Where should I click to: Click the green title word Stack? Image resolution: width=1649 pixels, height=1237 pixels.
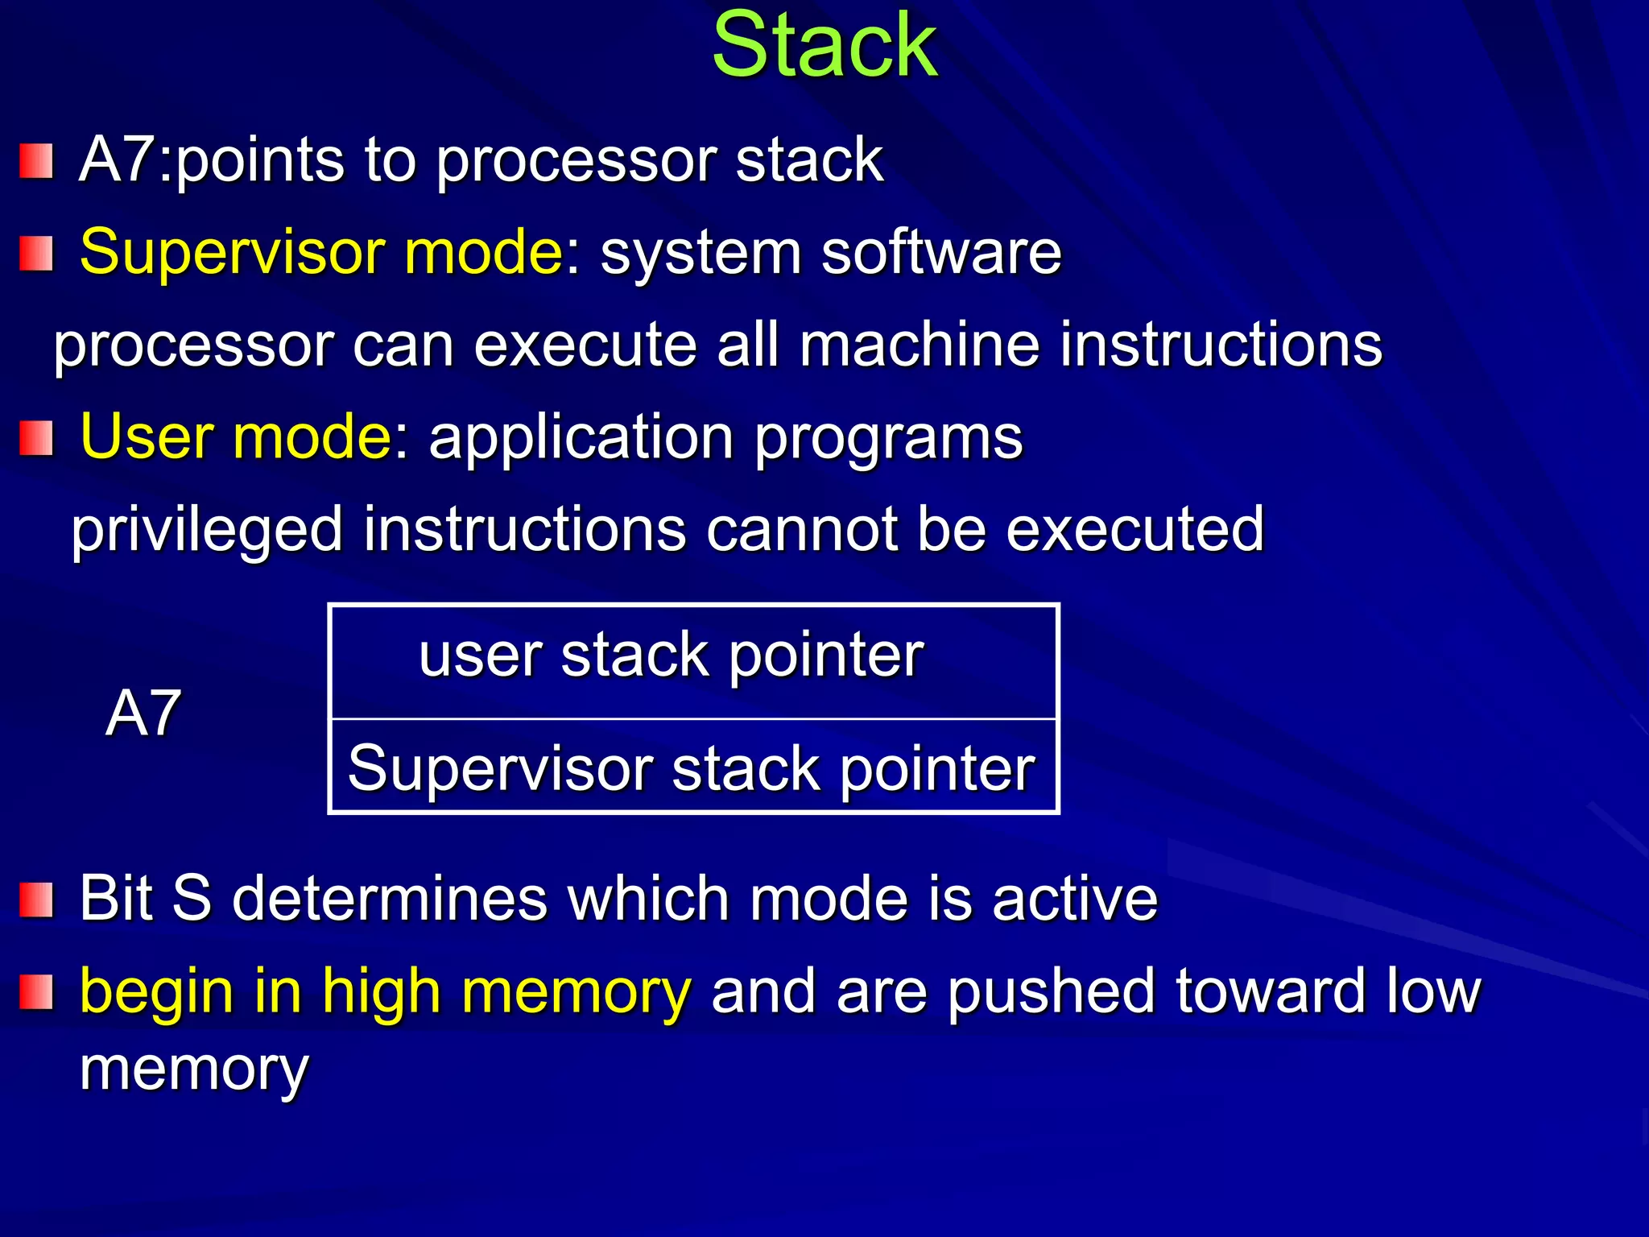pos(824,47)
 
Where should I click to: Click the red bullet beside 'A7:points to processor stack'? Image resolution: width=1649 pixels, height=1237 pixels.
pos(36,161)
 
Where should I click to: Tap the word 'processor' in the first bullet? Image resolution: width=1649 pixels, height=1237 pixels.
pos(576,161)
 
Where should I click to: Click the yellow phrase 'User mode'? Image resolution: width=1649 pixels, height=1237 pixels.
pos(236,437)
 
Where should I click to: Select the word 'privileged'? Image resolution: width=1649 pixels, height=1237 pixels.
pos(207,530)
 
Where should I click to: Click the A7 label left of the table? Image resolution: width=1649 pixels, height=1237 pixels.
pos(143,714)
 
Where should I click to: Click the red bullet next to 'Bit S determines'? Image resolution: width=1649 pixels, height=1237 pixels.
pos(36,900)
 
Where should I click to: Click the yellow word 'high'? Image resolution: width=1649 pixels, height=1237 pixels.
pos(380,992)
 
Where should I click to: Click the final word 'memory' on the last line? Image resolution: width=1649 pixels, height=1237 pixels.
pos(194,1069)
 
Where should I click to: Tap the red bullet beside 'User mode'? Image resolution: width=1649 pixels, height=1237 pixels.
pos(36,438)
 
